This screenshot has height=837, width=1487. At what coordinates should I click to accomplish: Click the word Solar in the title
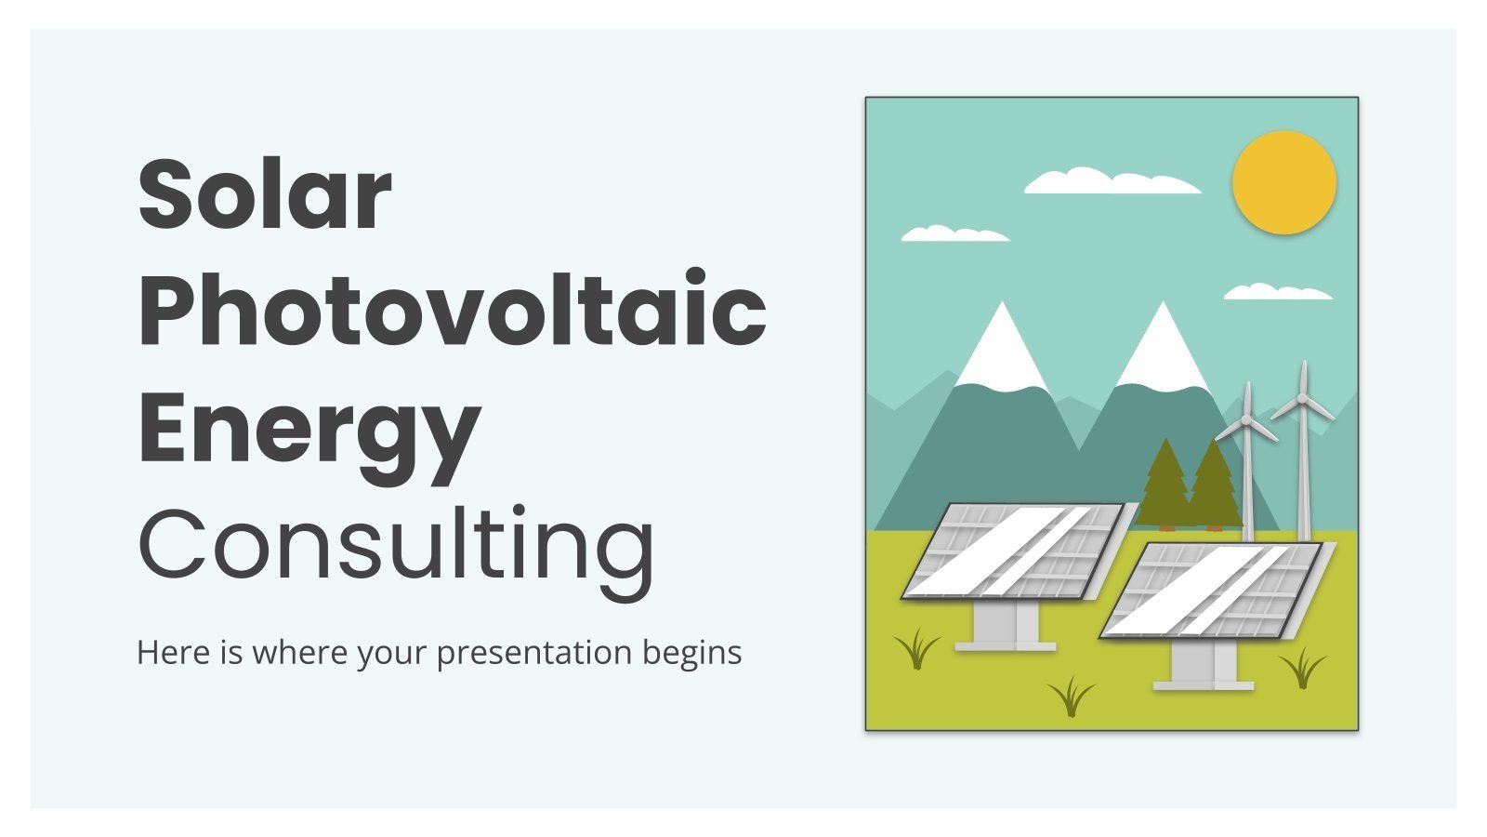click(x=265, y=194)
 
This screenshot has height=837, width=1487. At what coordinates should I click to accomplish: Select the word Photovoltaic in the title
click(x=452, y=311)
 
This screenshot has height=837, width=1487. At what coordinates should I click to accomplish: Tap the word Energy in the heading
click(x=309, y=429)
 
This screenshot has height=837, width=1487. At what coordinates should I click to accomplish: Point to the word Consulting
click(x=397, y=544)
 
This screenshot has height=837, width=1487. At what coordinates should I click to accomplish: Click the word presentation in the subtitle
click(x=533, y=653)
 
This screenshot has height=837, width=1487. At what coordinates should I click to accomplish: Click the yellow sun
click(x=1283, y=182)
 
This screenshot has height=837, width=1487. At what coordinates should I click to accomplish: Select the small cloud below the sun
click(x=1277, y=293)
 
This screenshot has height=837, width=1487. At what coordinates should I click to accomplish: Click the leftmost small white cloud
click(x=954, y=234)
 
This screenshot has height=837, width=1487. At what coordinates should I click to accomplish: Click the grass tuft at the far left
click(x=917, y=649)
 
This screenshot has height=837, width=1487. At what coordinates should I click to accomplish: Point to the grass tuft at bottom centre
click(x=1072, y=696)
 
